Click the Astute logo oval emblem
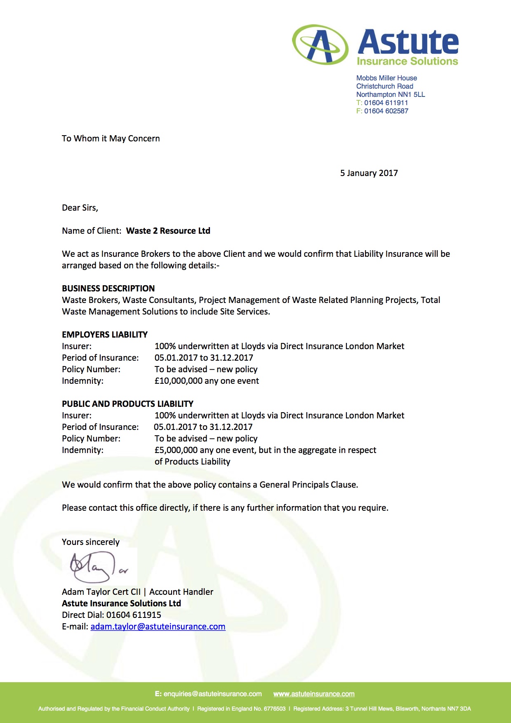tap(320, 45)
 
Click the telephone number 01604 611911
tap(386, 103)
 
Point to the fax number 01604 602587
tap(386, 111)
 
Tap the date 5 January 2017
tap(369, 173)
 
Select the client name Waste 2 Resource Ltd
tap(168, 231)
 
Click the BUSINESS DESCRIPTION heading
tap(108, 289)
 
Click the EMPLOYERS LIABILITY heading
tap(105, 335)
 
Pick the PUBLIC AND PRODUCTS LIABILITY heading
tap(127, 404)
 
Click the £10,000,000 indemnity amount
tap(179, 381)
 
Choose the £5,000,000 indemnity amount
tap(176, 450)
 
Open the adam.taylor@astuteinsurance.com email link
tap(158, 627)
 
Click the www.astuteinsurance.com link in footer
tap(314, 694)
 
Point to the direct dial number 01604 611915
tap(134, 615)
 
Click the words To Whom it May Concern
tap(111, 138)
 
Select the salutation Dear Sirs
tap(80, 208)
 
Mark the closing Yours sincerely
tap(90, 542)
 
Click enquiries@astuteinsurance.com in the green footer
tap(212, 694)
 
